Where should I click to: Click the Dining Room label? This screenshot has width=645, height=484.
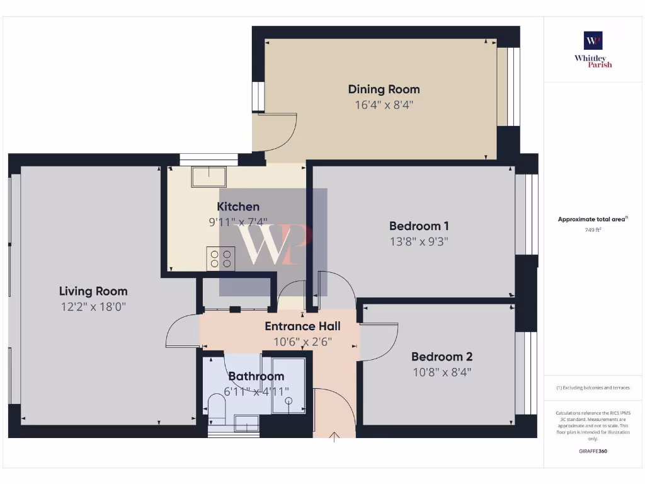[x=384, y=89]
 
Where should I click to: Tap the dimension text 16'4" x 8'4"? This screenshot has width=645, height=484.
[x=384, y=105]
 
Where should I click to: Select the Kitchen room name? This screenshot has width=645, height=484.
[x=238, y=207]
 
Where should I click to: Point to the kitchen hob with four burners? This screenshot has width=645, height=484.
[x=220, y=259]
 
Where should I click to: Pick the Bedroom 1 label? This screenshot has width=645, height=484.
[x=419, y=226]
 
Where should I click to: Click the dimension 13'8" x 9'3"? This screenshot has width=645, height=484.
[x=419, y=241]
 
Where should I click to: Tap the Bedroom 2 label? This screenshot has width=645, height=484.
[x=442, y=356]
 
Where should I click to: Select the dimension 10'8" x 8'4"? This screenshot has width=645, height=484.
[x=442, y=372]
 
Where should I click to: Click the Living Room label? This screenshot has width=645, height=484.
[x=93, y=291]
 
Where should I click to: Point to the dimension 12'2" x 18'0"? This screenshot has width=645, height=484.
[x=93, y=307]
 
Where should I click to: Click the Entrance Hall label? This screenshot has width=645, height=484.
[x=302, y=326]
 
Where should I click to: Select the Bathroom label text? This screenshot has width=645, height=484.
[x=256, y=376]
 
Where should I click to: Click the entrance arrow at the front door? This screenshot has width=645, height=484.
[x=334, y=436]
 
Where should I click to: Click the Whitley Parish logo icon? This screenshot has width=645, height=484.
[x=593, y=41]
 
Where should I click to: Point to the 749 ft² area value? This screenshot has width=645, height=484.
[x=593, y=230]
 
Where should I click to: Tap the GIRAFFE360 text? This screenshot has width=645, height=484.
[x=593, y=451]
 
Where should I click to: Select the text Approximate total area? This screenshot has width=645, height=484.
[x=591, y=219]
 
